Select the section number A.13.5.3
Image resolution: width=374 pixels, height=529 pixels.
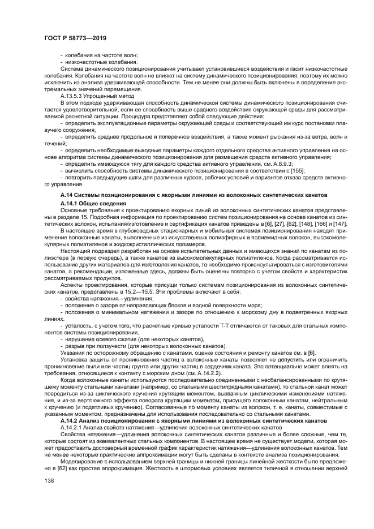coord(73,96)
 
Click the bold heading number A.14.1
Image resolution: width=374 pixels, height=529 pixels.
coord(70,203)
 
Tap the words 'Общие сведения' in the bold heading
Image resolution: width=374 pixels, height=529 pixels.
coord(104,203)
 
